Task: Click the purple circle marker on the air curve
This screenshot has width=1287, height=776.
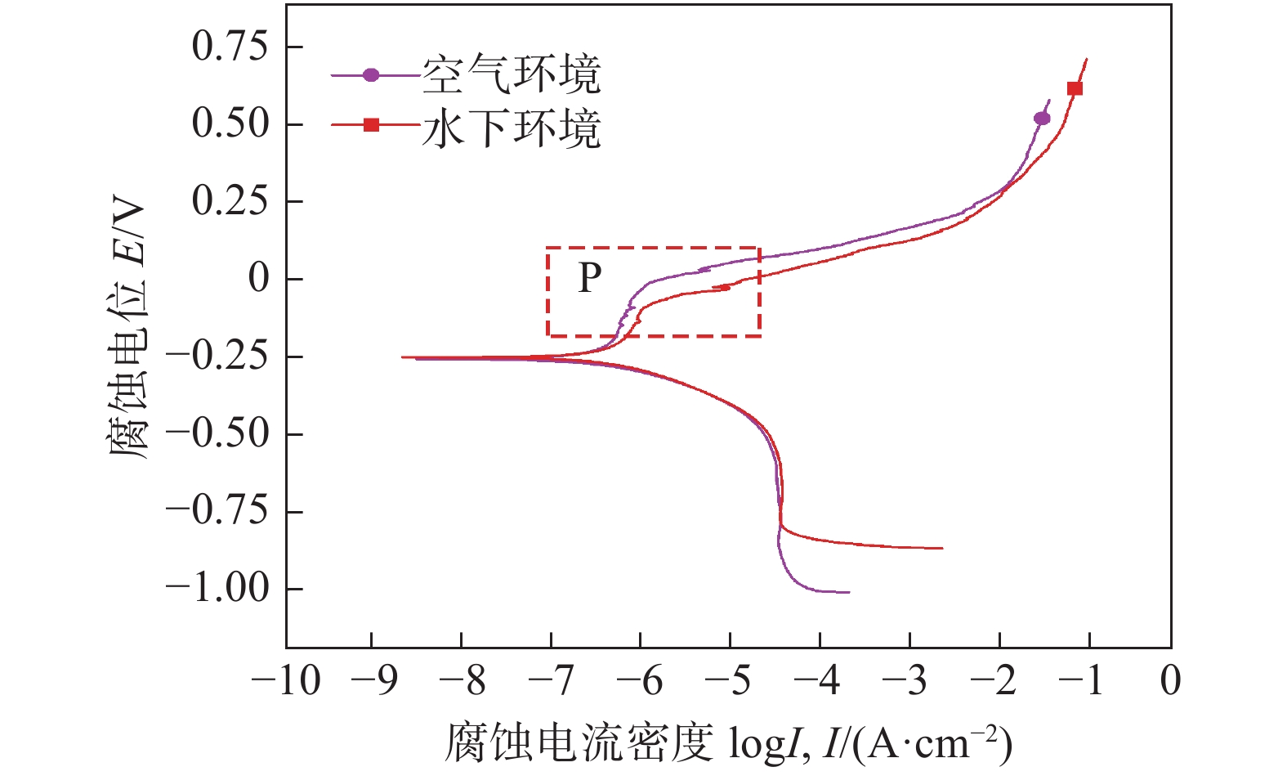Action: pos(1042,119)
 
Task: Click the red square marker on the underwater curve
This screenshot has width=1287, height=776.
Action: pos(1075,88)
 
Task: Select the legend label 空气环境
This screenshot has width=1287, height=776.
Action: pos(512,75)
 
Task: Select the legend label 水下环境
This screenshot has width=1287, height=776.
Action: pos(512,128)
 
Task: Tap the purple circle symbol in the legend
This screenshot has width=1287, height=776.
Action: pos(371,75)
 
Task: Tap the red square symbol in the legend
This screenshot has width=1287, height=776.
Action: pos(371,125)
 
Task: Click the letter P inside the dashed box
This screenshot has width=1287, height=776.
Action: pos(589,278)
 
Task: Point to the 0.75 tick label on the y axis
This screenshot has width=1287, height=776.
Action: pos(230,47)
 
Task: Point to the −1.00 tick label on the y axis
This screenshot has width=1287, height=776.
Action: pos(217,588)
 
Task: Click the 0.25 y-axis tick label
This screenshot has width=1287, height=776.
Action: pos(230,201)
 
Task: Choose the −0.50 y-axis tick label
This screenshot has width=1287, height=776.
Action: pos(217,433)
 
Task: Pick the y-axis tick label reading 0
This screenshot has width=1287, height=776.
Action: pos(258,279)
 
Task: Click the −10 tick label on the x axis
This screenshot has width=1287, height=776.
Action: pos(285,680)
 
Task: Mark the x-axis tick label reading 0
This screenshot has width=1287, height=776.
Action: pos(1171,680)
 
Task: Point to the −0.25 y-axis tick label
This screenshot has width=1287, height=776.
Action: pos(217,357)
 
